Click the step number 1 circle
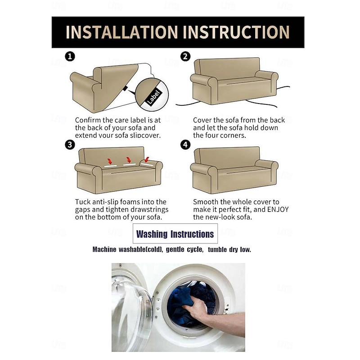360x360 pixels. tap(70, 56)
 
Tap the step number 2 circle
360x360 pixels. tap(185, 56)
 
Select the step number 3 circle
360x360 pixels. tap(70, 144)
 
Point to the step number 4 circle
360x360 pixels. tap(185, 144)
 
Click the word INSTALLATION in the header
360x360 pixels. tap(121, 32)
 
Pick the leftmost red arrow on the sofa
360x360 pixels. tap(110, 161)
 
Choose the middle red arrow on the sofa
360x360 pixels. tap(128, 160)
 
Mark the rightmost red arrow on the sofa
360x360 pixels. tap(147, 159)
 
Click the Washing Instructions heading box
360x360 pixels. tap(175, 234)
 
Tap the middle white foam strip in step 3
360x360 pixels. tap(130, 165)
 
